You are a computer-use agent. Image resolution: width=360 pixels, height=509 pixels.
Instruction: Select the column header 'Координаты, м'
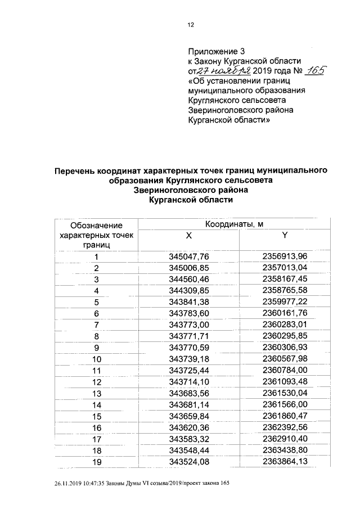tap(234, 224)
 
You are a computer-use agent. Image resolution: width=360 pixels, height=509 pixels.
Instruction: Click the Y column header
tap(285, 236)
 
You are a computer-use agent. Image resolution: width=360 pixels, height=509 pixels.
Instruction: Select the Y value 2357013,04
tap(285, 268)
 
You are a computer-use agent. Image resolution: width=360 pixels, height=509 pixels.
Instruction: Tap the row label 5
tap(96, 302)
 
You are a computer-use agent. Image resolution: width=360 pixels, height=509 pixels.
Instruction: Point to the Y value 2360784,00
tap(285, 370)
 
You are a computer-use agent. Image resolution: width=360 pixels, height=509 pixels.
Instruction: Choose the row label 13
tap(96, 393)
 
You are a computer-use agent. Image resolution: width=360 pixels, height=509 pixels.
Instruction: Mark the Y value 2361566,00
tap(285, 404)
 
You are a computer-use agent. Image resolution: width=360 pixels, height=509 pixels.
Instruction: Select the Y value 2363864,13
tap(285, 462)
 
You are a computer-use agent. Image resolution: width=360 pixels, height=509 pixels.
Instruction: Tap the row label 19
tap(96, 462)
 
